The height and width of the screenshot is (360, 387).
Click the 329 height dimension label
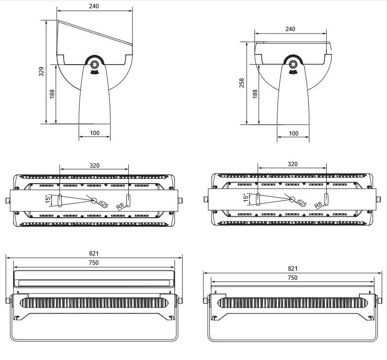click(x=41, y=71)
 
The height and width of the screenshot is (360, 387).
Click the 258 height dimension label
click(x=242, y=83)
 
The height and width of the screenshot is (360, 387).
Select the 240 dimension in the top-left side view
click(x=94, y=6)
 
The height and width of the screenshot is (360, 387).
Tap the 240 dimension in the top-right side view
click(x=290, y=29)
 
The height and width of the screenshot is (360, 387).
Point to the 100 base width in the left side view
click(x=95, y=133)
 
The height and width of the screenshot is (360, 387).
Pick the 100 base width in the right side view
click(x=293, y=133)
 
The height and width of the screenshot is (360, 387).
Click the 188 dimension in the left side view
click(x=52, y=94)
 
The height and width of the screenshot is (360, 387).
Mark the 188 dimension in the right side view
click(x=255, y=94)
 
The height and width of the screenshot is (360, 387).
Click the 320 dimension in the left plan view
click(x=94, y=166)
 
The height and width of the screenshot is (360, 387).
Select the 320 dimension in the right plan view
click(x=292, y=164)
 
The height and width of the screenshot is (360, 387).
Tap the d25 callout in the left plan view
click(x=103, y=204)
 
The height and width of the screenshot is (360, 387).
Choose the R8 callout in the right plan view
click(x=318, y=205)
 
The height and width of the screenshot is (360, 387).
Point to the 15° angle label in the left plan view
click(x=48, y=199)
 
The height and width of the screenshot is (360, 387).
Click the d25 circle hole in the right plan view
click(x=292, y=199)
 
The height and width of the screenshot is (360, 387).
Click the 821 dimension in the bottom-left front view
click(x=94, y=253)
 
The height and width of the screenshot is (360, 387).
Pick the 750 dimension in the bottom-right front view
click(x=292, y=277)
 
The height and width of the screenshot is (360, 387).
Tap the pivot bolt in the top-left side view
click(x=94, y=65)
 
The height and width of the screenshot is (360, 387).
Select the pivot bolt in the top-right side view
click(x=292, y=64)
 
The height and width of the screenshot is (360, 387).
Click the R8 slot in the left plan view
click(x=128, y=200)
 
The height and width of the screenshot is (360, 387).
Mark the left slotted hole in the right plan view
click(x=258, y=199)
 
